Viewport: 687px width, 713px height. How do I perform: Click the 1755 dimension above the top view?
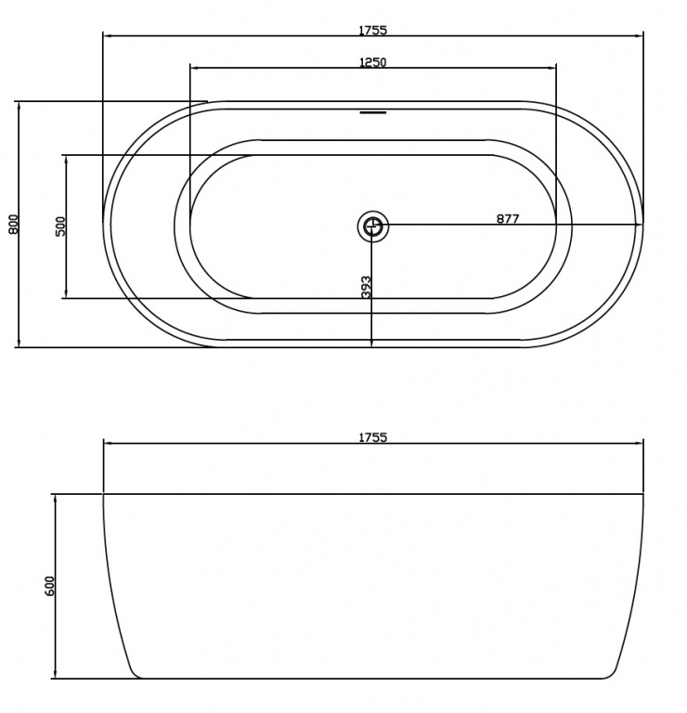(373, 30)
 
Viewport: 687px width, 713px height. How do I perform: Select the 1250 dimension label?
(373, 62)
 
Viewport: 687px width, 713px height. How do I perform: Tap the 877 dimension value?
(508, 219)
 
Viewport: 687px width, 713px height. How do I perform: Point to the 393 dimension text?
(366, 287)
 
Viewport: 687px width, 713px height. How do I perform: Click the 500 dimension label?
(60, 226)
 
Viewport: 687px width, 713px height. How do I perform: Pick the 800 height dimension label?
(14, 224)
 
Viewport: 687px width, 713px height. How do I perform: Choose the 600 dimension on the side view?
(49, 586)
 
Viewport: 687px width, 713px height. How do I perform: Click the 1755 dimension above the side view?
(373, 437)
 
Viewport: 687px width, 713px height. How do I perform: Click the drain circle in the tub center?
(373, 226)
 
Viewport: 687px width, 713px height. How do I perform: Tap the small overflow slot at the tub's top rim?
(373, 111)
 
